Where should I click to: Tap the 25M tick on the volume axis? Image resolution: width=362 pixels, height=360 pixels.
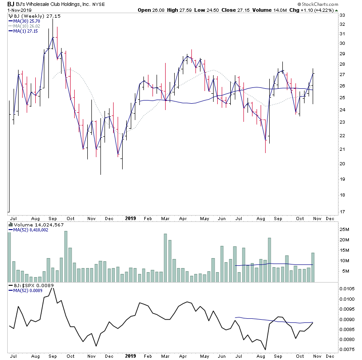[345, 230]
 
